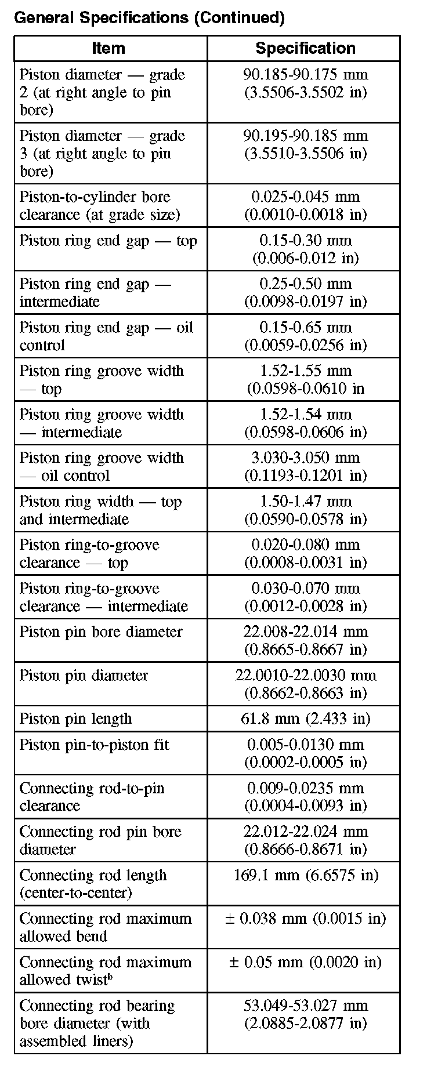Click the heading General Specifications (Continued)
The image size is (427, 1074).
pos(149,18)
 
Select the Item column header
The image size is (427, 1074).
pos(108,48)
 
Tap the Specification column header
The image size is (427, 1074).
pos(305,48)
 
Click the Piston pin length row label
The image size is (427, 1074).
pos(76,719)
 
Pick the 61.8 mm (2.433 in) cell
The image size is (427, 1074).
pos(305,719)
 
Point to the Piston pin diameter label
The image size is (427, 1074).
pos(84,675)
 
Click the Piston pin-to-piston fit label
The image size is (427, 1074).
pos(95,745)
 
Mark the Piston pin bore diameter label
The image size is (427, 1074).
pos(101,632)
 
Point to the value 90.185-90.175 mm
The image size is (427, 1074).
pos(305,74)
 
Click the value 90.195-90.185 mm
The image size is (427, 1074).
pos(305,136)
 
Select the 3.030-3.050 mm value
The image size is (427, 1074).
pos(305,458)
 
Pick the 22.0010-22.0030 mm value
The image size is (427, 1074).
pos(305,675)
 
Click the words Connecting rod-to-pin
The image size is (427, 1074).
pos(92,788)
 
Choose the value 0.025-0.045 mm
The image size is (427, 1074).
pos(305,197)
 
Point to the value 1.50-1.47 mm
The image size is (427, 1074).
pos(305,501)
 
